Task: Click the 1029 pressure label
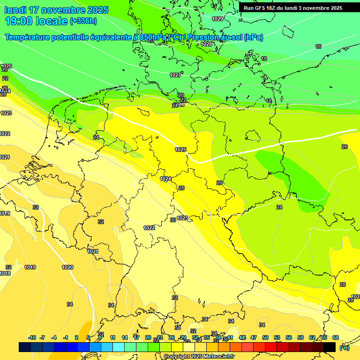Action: tap(217, 19)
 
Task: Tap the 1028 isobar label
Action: tap(206, 44)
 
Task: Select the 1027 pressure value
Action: tap(175, 75)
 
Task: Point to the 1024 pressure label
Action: tap(165, 179)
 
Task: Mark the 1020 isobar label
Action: tap(67, 267)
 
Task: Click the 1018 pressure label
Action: tap(5, 273)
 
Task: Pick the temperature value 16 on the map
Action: tap(318, 46)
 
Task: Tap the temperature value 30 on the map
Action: tap(172, 220)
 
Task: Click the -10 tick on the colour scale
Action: tap(32, 337)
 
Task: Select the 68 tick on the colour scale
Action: tap(336, 337)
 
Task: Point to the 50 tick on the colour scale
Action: tap(265, 337)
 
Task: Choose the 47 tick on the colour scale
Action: tap(254, 337)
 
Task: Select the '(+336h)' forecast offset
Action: tap(83, 21)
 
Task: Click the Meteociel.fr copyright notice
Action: tap(199, 357)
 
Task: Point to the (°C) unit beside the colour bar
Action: tap(345, 348)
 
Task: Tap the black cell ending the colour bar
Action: tap(330, 347)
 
